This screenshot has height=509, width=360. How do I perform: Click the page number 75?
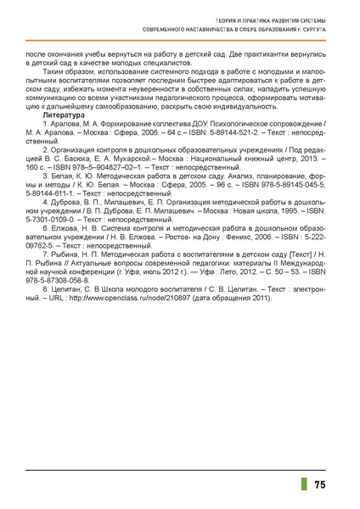pyautogui.click(x=320, y=485)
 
